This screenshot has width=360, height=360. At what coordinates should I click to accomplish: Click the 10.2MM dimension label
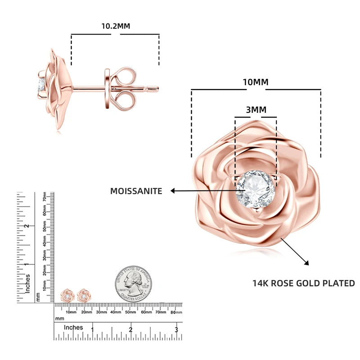click(x=115, y=26)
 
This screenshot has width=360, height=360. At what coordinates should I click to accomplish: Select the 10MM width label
click(x=256, y=82)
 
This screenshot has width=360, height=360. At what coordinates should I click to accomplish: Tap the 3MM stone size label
click(x=256, y=110)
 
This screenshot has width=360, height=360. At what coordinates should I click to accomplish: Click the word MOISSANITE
click(x=136, y=191)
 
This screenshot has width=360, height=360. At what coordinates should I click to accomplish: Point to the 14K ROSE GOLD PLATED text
click(x=303, y=283)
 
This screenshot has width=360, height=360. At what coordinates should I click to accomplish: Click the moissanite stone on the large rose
click(x=256, y=189)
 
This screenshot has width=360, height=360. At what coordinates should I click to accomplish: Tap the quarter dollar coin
click(x=133, y=283)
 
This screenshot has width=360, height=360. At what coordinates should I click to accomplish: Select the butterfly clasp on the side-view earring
click(x=121, y=87)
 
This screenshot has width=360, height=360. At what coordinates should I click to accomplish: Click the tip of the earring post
click(x=157, y=88)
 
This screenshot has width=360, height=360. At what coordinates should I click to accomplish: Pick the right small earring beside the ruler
click(x=83, y=296)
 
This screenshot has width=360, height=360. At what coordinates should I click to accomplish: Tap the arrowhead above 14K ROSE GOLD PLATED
click(x=307, y=263)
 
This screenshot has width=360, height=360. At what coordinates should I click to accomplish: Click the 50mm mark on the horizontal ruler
click(x=130, y=311)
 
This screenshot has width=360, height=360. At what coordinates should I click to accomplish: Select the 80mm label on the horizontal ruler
click(x=175, y=311)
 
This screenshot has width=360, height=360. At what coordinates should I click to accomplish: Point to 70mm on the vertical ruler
click(x=45, y=197)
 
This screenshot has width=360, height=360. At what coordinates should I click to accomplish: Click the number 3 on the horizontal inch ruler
click(x=176, y=329)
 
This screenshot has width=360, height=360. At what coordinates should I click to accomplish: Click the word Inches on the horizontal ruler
click(x=73, y=327)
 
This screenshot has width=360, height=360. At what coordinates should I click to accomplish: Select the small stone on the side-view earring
click(x=41, y=85)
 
